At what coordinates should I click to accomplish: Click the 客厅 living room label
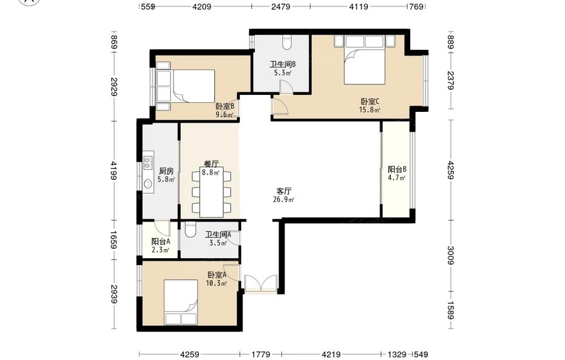pyautogui.click(x=284, y=191)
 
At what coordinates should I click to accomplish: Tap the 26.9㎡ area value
pyautogui.click(x=284, y=199)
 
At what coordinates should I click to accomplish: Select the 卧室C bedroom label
pyautogui.click(x=370, y=102)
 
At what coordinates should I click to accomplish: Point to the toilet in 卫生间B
pyautogui.click(x=287, y=42)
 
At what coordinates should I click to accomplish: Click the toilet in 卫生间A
pyautogui.click(x=189, y=229)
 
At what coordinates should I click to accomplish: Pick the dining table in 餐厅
pyautogui.click(x=211, y=192)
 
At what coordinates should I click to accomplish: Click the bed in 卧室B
pyautogui.click(x=186, y=86)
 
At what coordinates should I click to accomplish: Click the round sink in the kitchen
pyautogui.click(x=147, y=184)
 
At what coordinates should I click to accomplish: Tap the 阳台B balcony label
pyautogui.click(x=397, y=170)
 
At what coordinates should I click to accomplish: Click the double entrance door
pyautogui.click(x=261, y=283)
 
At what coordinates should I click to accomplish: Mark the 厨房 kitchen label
pyautogui.click(x=166, y=171)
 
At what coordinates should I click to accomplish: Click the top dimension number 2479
pyautogui.click(x=281, y=6)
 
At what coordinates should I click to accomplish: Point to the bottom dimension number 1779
pyautogui.click(x=261, y=354)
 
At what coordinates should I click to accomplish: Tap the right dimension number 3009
pyautogui.click(x=451, y=255)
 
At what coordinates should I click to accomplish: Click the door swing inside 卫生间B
pyautogui.click(x=286, y=88)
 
